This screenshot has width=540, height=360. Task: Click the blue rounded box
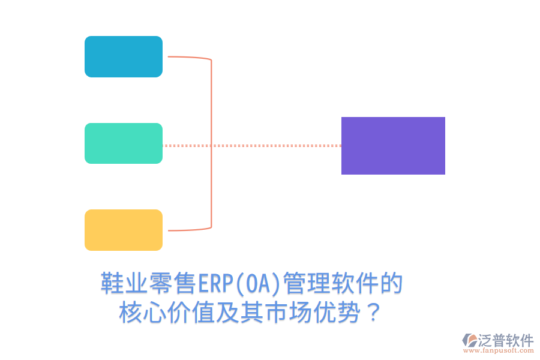click(x=124, y=56)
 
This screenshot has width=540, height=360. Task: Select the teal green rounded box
click(x=124, y=143)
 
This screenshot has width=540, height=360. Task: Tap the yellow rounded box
click(x=124, y=230)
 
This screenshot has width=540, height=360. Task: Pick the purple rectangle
click(x=393, y=146)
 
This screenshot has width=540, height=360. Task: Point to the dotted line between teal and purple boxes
click(x=252, y=145)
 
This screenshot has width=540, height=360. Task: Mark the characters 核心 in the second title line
click(x=143, y=313)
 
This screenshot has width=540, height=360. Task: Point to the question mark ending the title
click(x=373, y=313)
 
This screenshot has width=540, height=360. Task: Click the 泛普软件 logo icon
click(x=469, y=340)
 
